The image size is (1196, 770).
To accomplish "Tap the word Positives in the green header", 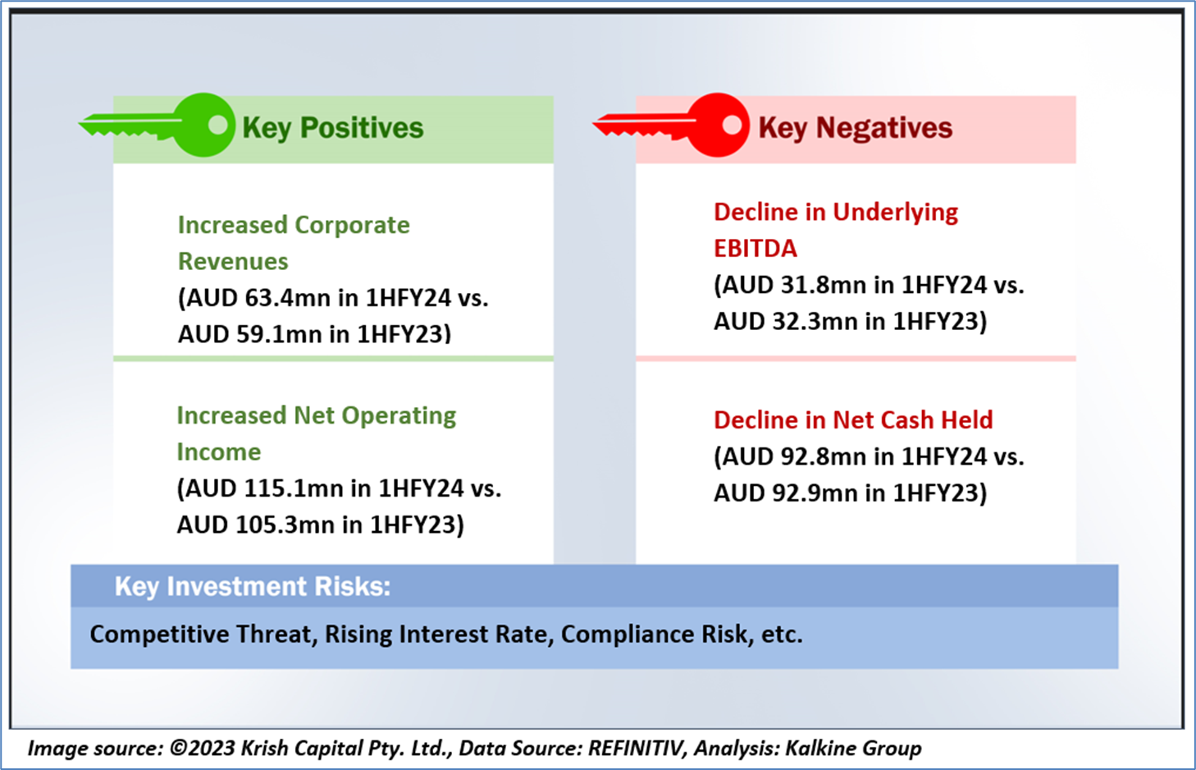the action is pos(362,128).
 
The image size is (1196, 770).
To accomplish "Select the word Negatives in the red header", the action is pos(883,128).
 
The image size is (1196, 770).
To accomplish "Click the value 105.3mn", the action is pos(286,525).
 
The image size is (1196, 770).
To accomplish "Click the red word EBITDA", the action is pos(755,249).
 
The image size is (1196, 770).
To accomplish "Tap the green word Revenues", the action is pos(233,261).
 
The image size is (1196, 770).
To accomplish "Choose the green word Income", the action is pos(219,452).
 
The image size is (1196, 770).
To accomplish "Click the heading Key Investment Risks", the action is pos(253,586).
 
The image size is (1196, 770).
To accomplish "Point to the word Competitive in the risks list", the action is pos(160,635).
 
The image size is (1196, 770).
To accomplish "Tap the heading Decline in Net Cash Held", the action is pos(853,420).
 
